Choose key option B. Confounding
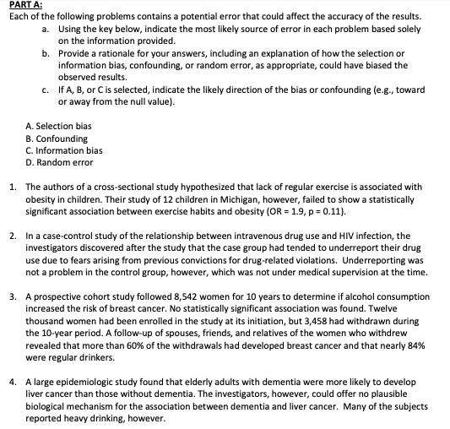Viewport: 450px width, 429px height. [57, 138]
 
